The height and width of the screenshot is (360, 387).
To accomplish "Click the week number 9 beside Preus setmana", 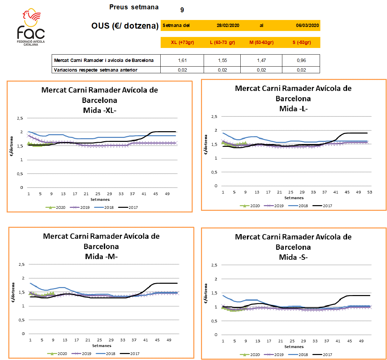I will pos(182,10).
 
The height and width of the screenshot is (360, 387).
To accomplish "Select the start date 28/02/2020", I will pos(228,25).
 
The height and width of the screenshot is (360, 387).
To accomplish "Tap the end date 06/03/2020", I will pos(307,25).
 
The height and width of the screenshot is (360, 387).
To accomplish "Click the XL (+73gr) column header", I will pos(182,42).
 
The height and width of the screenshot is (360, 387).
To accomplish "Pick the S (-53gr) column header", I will pos(302,42).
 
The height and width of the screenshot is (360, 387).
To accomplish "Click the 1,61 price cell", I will pos(182,60).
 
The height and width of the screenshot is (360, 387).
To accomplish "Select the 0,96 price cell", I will pos(301,60).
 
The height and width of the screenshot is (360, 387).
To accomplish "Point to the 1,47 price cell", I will pos(261,60).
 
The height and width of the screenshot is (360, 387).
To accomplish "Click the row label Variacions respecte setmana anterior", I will pos(96,70).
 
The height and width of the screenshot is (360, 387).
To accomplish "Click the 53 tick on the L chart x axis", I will pos(370,192).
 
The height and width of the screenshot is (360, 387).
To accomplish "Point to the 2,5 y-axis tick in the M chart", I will pos(22,264).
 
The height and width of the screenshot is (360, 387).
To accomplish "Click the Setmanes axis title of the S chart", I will pos(294,347).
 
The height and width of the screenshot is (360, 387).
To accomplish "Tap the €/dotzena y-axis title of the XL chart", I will pos(12,147).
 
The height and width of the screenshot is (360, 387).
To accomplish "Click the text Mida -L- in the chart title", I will pos(293,109).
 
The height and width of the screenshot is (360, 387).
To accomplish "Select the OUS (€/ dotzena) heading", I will pos(125,26).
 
